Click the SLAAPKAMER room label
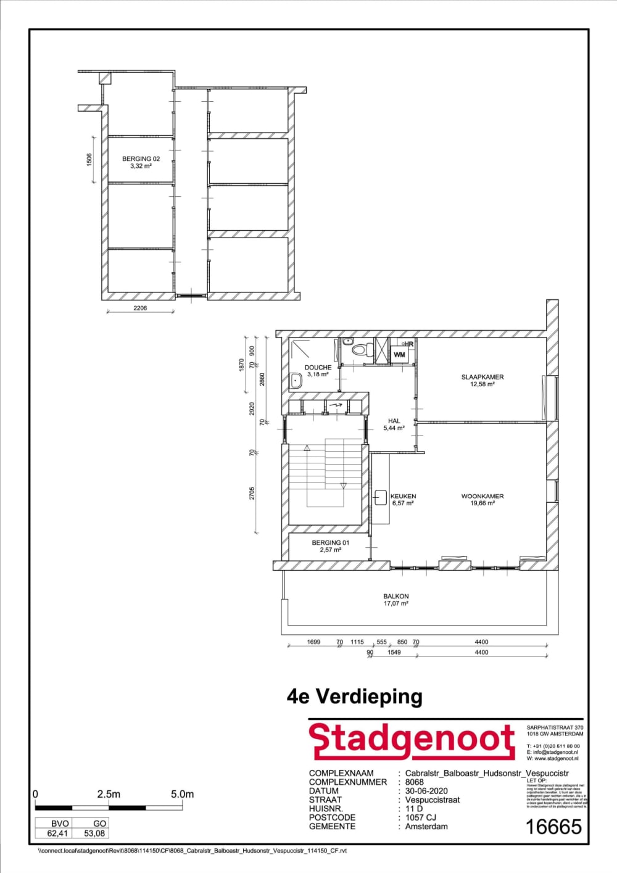pyautogui.click(x=482, y=377)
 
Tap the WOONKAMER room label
pyautogui.click(x=482, y=496)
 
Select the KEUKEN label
pyautogui.click(x=403, y=496)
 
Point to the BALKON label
pyautogui.click(x=395, y=597)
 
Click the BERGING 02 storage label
pyautogui.click(x=141, y=159)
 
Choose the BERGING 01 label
pyautogui.click(x=330, y=543)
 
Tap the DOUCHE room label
pyautogui.click(x=318, y=368)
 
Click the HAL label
pyautogui.click(x=394, y=421)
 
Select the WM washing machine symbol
pyautogui.click(x=399, y=355)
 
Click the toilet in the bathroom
pyautogui.click(x=358, y=350)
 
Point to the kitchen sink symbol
pyautogui.click(x=380, y=497)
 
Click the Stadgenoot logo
pyautogui.click(x=412, y=741)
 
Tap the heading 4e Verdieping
pyautogui.click(x=355, y=697)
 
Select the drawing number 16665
pyautogui.click(x=553, y=827)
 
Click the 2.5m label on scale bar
pyautogui.click(x=109, y=794)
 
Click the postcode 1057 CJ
pyautogui.click(x=421, y=817)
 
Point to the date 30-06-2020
pyautogui.click(x=426, y=791)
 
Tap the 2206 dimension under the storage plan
pyautogui.click(x=140, y=308)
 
